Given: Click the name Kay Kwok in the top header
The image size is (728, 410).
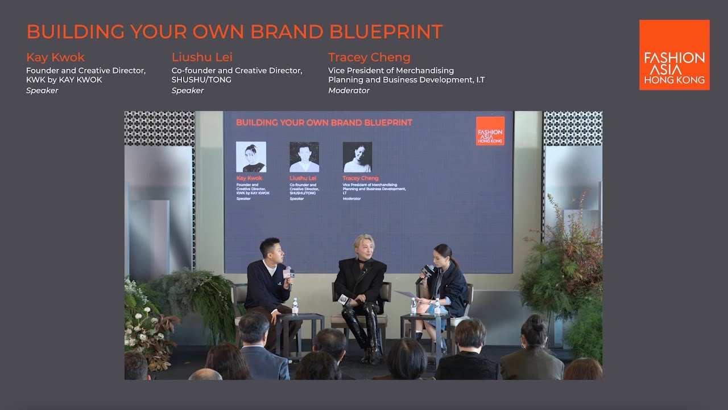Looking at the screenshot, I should point(55,58).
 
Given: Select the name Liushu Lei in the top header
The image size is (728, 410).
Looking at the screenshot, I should point(202,58).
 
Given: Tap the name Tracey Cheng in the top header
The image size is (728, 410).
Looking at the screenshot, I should point(369,58).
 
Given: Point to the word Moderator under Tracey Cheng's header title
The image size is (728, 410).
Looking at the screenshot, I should point(349,91).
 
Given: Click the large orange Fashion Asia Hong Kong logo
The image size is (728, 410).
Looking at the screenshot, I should point(674,55).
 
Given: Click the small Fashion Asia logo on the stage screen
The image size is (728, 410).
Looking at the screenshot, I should point(490,131).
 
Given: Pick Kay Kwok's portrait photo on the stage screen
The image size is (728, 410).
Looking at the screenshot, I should point(251,157).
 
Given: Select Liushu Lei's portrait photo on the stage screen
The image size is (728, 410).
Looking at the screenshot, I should point(304,157).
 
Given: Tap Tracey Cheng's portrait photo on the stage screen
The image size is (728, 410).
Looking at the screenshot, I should point(357,157).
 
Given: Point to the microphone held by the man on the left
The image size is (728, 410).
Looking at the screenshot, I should point(288,273).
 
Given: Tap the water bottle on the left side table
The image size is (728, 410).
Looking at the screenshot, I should point(295,306).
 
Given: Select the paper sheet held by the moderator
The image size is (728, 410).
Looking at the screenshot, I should point(406,294).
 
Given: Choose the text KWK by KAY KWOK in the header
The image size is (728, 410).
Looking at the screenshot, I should point(64,80).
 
